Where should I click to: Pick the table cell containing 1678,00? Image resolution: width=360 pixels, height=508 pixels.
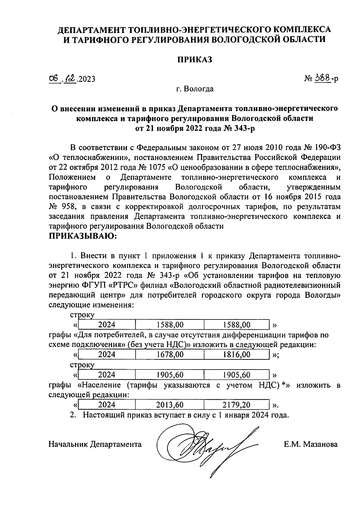coord(170,355)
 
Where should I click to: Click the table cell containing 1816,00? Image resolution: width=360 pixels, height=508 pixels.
coord(237,355)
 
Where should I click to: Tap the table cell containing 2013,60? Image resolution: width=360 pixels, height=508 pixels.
coord(170,405)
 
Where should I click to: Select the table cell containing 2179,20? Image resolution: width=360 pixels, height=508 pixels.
coord(237,405)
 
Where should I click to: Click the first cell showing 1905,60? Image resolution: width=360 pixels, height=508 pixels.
coord(170,375)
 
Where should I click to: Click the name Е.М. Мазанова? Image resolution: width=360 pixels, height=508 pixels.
coord(311,444)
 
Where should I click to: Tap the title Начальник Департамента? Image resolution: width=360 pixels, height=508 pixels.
coord(95,444)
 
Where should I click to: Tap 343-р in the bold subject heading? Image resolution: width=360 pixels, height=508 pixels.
coord(244,128)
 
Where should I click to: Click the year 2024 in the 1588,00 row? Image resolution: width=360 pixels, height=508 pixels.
coord(107,325)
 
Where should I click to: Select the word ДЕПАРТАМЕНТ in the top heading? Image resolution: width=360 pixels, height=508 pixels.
coord(91,30)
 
